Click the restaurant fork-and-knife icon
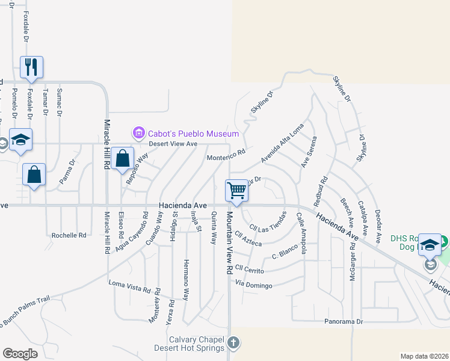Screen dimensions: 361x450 [31, 66]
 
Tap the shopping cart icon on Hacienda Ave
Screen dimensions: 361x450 [237, 191]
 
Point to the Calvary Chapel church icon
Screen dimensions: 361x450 [233, 344]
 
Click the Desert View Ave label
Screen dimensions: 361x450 [173, 144]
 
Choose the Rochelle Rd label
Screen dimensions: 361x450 [69, 235]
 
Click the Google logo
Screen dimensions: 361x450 [20, 354]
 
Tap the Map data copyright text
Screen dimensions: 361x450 [424, 356]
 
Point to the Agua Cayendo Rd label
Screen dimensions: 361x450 [138, 232]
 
